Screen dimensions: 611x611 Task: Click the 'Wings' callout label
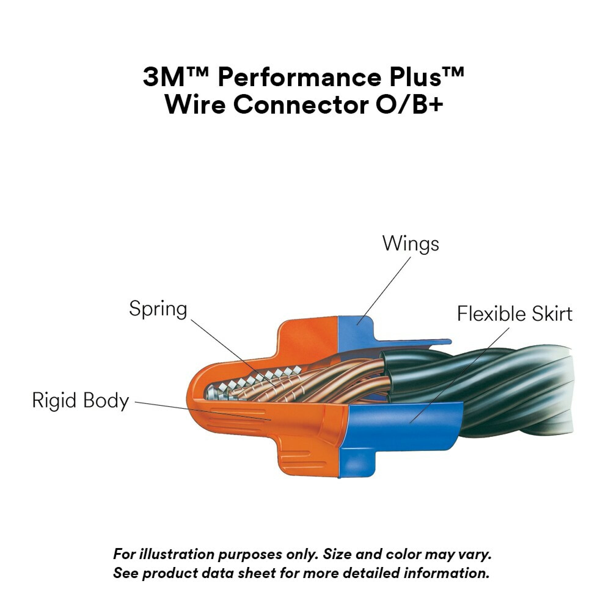(x=411, y=244)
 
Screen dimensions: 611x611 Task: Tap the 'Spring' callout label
(x=158, y=309)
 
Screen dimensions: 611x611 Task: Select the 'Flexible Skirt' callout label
(x=514, y=314)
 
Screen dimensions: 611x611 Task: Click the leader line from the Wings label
(x=384, y=290)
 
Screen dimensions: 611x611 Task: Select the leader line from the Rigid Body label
(x=203, y=411)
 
